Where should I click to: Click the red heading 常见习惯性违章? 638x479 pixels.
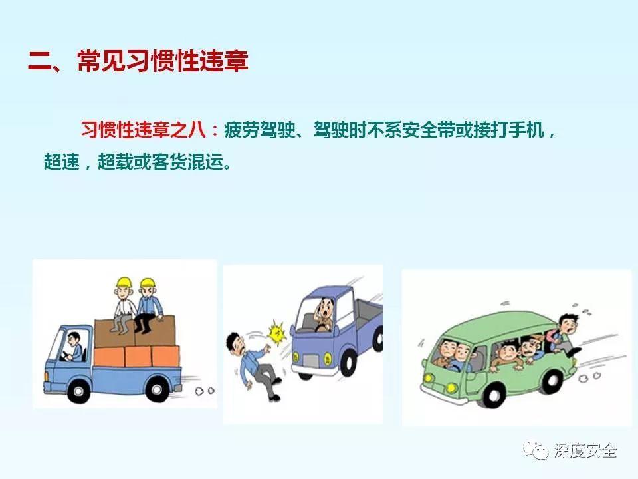162,61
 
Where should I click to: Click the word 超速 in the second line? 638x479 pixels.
60,162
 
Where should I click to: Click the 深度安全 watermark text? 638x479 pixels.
585,452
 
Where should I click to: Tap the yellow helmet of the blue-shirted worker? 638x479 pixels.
146,284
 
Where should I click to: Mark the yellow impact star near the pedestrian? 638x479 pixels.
275,330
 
